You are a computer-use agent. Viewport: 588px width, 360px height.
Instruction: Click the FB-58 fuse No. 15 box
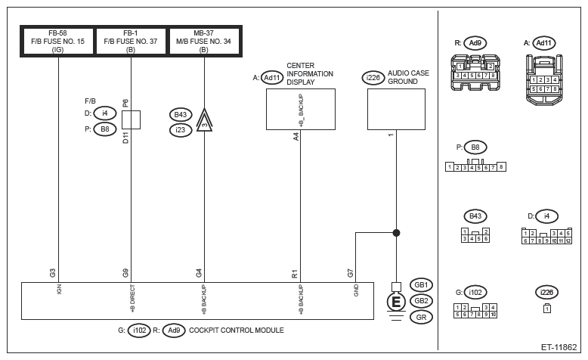pos(58,40)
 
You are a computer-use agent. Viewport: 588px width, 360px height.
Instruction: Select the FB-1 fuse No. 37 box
pos(132,40)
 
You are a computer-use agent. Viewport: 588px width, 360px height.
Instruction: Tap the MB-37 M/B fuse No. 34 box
pos(204,40)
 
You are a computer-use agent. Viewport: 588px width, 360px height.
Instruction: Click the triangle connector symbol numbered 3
pos(204,123)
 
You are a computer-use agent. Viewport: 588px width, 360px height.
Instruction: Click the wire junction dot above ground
pos(395,234)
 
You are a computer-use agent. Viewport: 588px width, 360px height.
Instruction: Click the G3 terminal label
pos(51,272)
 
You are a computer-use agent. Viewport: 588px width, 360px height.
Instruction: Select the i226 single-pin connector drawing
pos(546,308)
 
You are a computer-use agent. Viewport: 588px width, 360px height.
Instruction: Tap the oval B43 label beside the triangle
pos(181,115)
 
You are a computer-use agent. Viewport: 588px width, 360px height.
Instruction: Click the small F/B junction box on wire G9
pos(132,119)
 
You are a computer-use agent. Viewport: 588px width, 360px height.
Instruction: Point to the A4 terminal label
pos(296,137)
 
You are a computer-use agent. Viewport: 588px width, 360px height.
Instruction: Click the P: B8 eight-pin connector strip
pos(475,166)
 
